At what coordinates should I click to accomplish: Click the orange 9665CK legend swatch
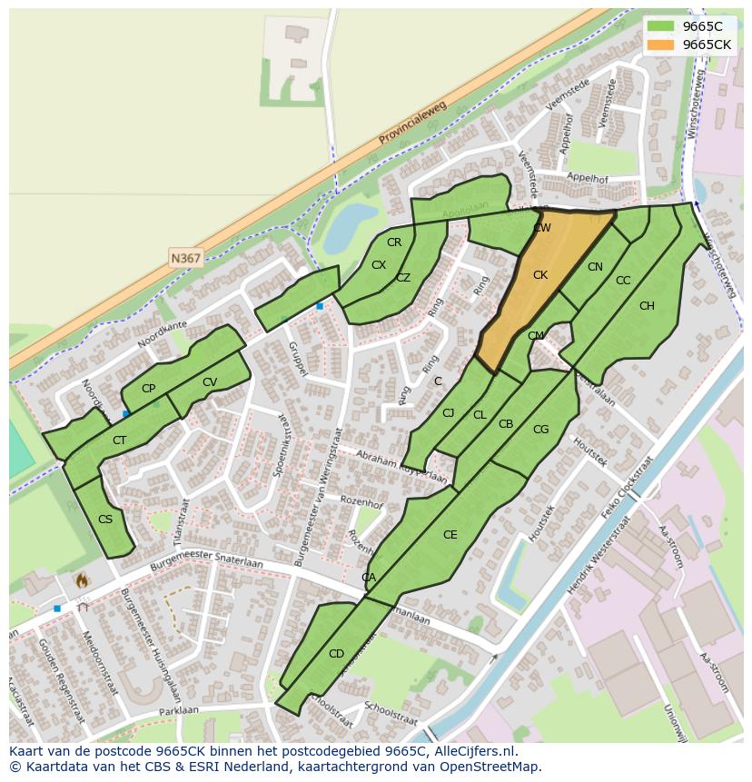pos(661,45)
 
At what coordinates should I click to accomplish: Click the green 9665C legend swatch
pos(661,26)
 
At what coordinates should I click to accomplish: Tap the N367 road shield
pos(185,259)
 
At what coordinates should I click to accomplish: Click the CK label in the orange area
pos(540,275)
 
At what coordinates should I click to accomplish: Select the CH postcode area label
pos(647,306)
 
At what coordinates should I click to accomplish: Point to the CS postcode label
pos(105,520)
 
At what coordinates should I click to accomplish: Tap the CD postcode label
pos(336,654)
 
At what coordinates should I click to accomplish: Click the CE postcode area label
pos(450,535)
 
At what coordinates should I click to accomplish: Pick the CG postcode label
pos(540,430)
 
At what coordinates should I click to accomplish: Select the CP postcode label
pos(149,389)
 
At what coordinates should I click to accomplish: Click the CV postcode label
pos(210,382)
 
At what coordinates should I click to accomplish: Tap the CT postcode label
pos(119,440)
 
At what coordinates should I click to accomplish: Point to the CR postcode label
pos(394,243)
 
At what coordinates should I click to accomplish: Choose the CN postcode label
pos(595,267)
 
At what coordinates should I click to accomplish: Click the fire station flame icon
pos(82,579)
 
